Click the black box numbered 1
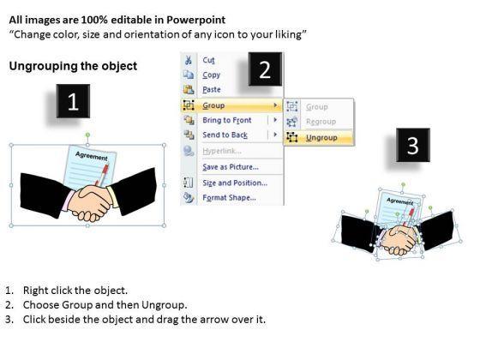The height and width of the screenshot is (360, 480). [x=73, y=101]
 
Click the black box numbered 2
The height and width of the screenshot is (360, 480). [x=265, y=69]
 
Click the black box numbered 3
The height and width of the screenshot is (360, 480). [x=413, y=145]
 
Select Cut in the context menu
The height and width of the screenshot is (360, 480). [x=209, y=60]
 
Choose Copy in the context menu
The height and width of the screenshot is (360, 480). [x=211, y=75]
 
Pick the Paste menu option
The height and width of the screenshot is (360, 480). [x=212, y=90]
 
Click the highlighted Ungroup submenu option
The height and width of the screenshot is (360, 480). [x=321, y=138]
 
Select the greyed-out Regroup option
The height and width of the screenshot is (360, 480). [x=321, y=122]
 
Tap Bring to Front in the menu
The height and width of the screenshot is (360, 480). [x=227, y=120]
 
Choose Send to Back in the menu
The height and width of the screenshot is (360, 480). [x=225, y=135]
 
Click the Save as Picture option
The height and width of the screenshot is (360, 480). [x=231, y=167]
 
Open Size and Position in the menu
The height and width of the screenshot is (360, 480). [x=235, y=183]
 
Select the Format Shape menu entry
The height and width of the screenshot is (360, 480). [x=230, y=198]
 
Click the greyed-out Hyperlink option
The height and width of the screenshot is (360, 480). [x=222, y=151]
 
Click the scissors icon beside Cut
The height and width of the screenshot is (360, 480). [x=189, y=60]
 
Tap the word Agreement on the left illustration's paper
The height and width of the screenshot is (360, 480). [x=92, y=156]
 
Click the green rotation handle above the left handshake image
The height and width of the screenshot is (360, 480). [x=87, y=135]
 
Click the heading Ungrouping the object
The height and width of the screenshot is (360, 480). [x=73, y=66]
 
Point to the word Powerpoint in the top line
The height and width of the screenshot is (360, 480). [x=196, y=20]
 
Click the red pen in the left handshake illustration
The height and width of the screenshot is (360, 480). [x=102, y=175]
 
